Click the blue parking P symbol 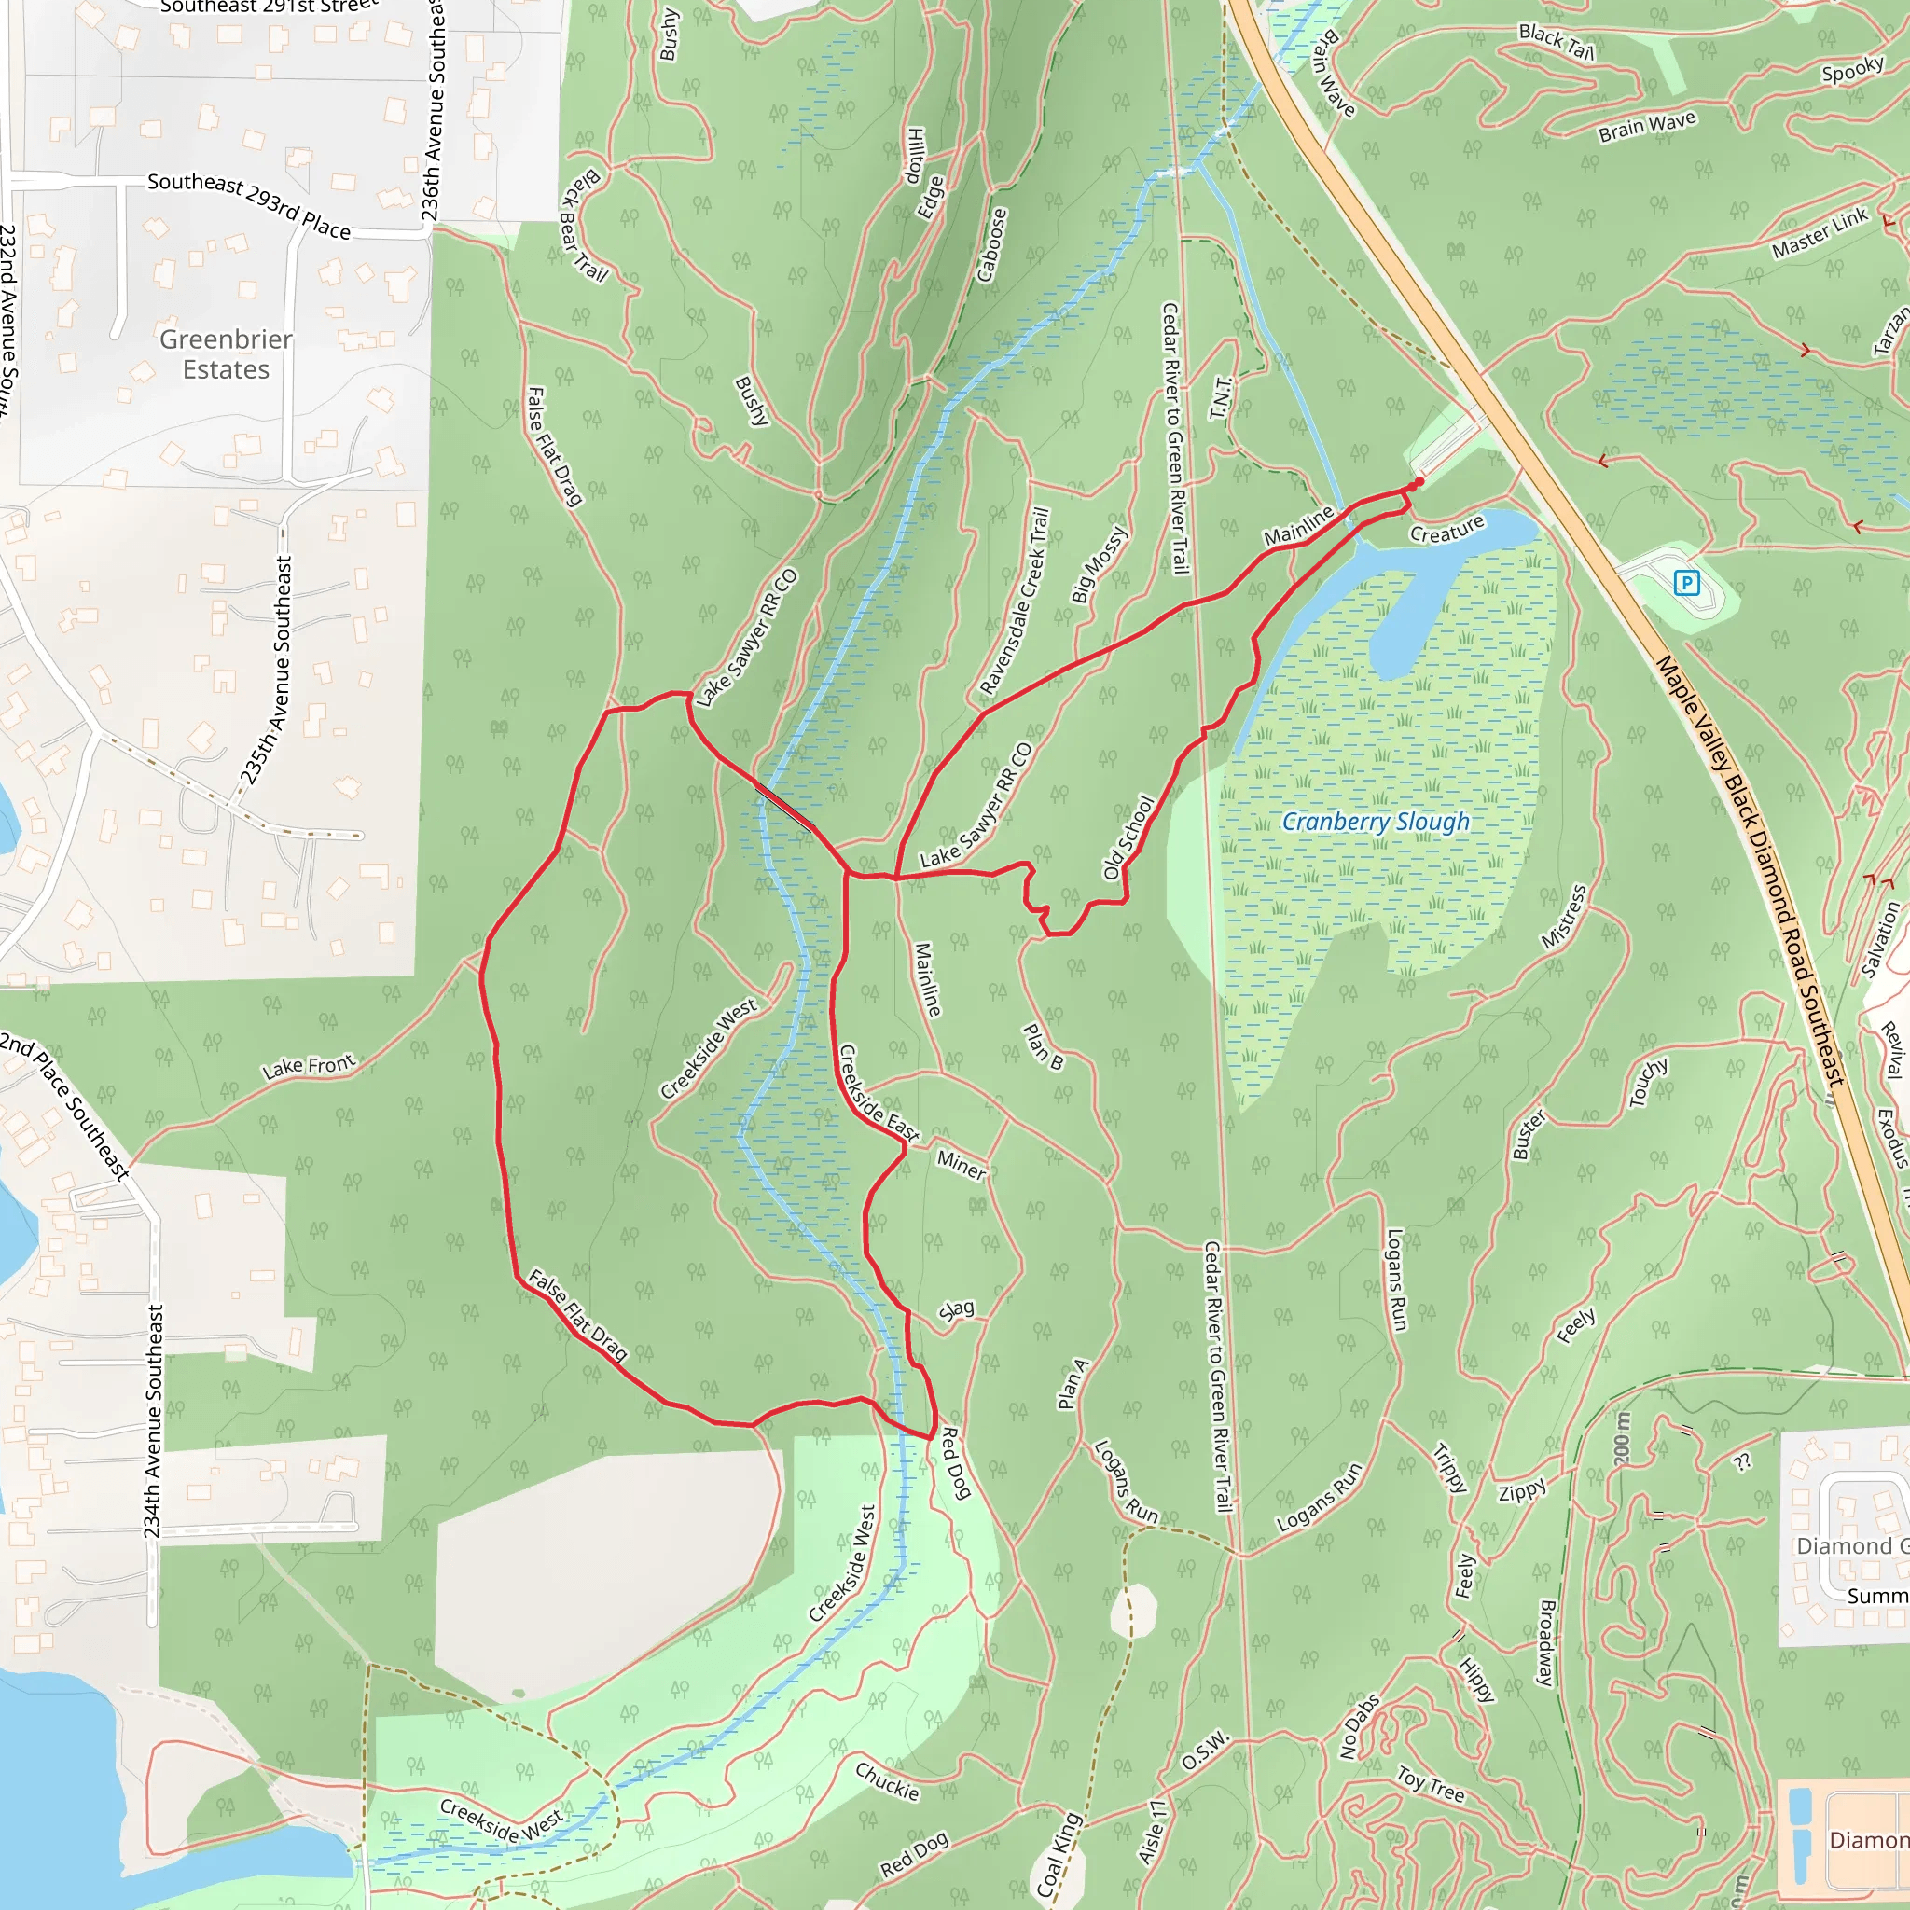[1686, 583]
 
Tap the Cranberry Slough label [1376, 822]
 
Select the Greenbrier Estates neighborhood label [227, 353]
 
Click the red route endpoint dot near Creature [1419, 482]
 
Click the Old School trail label [1128, 837]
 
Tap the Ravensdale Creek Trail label [1015, 602]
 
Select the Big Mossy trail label [1100, 564]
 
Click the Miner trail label [961, 1165]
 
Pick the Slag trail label [956, 1311]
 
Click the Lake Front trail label [309, 1067]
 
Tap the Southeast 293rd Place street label [249, 205]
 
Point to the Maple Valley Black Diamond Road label [1750, 871]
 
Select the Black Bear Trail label [583, 226]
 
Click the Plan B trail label [1043, 1047]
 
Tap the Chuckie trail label [887, 1780]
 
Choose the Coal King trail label [1059, 1855]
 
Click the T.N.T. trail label [1222, 397]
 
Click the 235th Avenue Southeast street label [268, 671]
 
